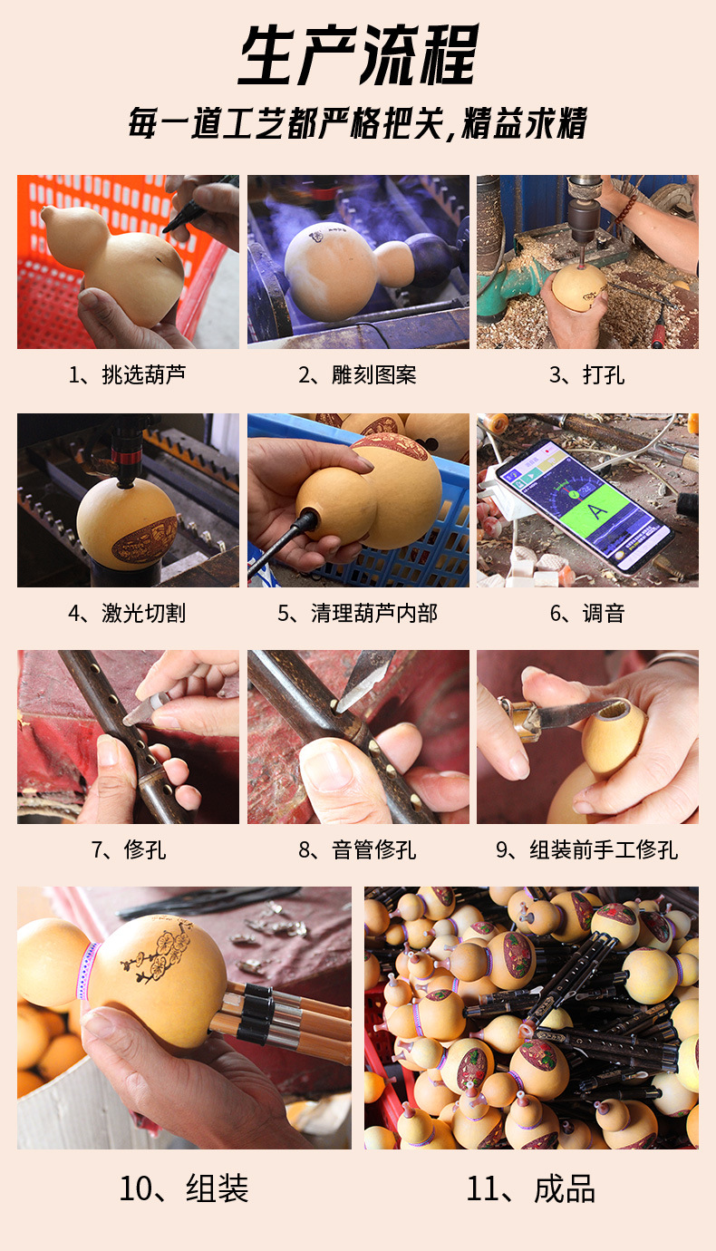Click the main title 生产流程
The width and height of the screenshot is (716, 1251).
(x=358, y=54)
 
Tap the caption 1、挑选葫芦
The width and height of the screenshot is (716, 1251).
(x=127, y=374)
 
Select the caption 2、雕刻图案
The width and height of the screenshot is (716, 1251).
(x=357, y=374)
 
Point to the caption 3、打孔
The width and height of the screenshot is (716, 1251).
(x=587, y=374)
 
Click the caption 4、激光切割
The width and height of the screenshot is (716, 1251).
(x=127, y=613)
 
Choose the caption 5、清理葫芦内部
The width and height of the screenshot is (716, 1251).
(x=357, y=613)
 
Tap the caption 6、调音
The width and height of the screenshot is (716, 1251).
(x=587, y=613)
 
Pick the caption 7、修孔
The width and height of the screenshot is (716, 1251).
(x=129, y=850)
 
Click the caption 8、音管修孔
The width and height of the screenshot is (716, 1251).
(x=357, y=850)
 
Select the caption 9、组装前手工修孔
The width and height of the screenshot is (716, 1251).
(x=587, y=850)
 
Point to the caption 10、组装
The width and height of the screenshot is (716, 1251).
(x=184, y=1188)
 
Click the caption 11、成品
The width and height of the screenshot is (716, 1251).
(x=530, y=1188)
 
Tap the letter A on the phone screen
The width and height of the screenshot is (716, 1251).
(x=597, y=510)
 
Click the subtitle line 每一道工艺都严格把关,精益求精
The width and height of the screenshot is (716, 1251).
(x=358, y=123)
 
